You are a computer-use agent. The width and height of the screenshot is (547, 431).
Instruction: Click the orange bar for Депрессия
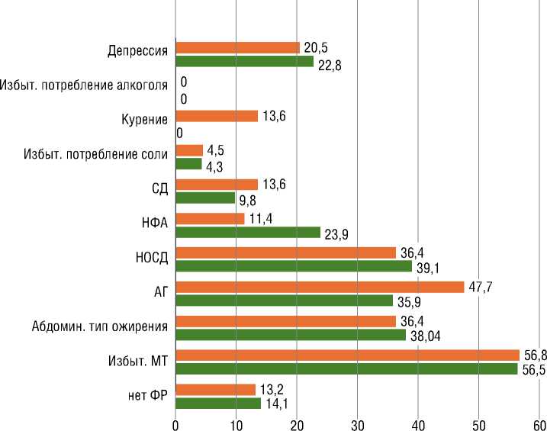pyautogui.click(x=238, y=47)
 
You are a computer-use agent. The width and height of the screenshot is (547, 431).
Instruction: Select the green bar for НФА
pyautogui.click(x=248, y=232)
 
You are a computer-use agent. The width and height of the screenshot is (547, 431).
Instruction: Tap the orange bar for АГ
pyautogui.click(x=320, y=287)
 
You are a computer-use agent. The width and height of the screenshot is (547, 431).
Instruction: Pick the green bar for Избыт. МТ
pyautogui.click(x=346, y=368)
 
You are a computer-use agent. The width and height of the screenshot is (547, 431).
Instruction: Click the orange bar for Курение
pyautogui.click(x=217, y=116)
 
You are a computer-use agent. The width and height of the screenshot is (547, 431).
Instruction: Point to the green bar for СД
pyautogui.click(x=205, y=198)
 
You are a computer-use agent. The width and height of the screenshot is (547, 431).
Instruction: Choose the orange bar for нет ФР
pyautogui.click(x=216, y=390)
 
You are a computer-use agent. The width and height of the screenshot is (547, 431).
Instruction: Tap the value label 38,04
pyautogui.click(x=426, y=334)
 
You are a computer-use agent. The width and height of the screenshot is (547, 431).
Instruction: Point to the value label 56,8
pyautogui.click(x=533, y=354)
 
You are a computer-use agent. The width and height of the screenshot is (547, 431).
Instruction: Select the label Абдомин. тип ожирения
pyautogui.click(x=100, y=326)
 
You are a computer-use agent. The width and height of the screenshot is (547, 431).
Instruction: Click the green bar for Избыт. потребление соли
pyautogui.click(x=188, y=163)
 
